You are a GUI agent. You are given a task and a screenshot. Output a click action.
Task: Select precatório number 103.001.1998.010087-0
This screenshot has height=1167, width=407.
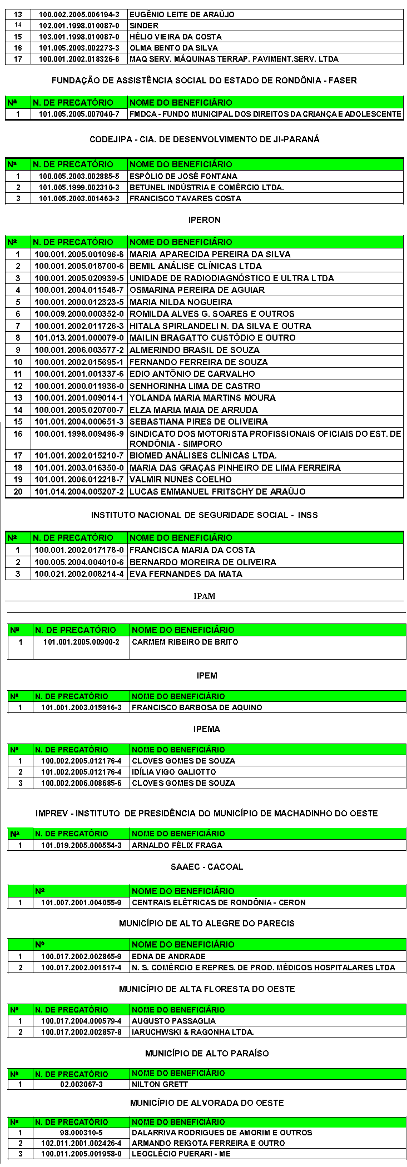point(79,37)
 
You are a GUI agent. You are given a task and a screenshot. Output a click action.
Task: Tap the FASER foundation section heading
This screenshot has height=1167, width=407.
point(204,81)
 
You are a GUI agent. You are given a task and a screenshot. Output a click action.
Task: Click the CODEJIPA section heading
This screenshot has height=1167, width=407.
point(204,139)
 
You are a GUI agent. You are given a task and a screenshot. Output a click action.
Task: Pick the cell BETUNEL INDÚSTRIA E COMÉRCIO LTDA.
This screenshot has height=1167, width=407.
point(206,187)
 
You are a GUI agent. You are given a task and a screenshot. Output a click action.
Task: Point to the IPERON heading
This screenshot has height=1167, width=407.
point(204,220)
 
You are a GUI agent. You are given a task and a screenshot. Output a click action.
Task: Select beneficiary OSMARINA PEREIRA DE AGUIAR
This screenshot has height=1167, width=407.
point(197,290)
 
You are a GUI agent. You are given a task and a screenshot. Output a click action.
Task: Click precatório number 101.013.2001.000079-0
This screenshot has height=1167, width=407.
point(79,338)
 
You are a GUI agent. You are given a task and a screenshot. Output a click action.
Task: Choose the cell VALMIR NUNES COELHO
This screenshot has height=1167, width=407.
point(181,480)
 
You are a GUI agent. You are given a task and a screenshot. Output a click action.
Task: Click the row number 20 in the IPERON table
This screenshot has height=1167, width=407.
point(18,492)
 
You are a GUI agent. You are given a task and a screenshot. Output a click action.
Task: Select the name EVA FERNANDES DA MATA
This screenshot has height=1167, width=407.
point(186,574)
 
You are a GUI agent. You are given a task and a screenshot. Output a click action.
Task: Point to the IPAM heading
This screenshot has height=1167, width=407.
point(204,596)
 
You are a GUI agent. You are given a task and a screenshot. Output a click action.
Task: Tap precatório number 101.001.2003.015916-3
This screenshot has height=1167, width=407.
point(81,707)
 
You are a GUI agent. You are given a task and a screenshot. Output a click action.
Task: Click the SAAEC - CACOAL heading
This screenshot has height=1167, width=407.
point(207,867)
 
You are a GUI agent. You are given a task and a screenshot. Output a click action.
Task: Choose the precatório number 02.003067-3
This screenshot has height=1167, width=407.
point(81,1084)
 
